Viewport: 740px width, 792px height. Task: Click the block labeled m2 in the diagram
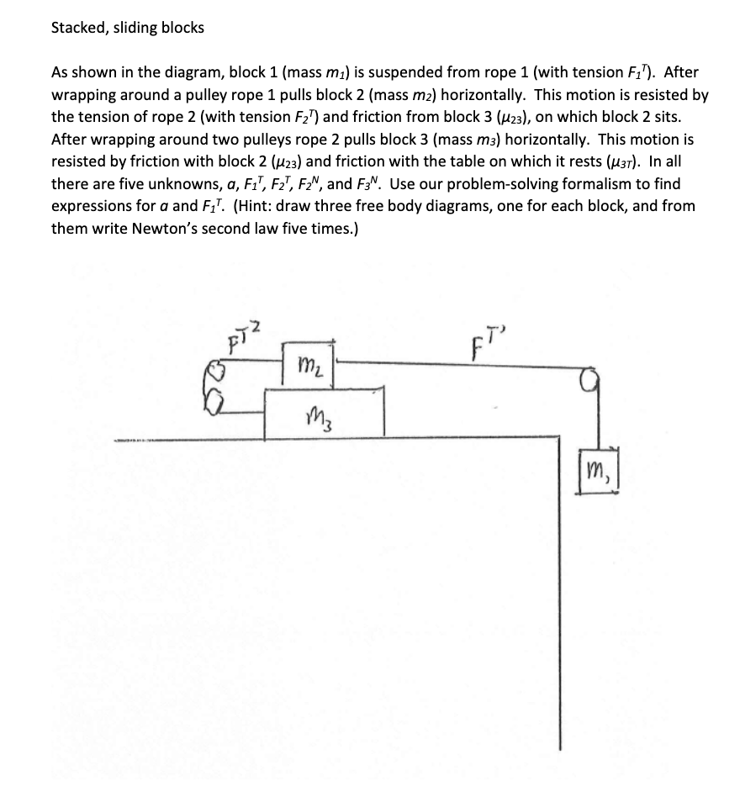point(309,363)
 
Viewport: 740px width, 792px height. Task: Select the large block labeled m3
point(325,412)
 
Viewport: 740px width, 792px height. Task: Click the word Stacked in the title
point(77,28)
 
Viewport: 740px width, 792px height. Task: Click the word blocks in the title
point(180,28)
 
